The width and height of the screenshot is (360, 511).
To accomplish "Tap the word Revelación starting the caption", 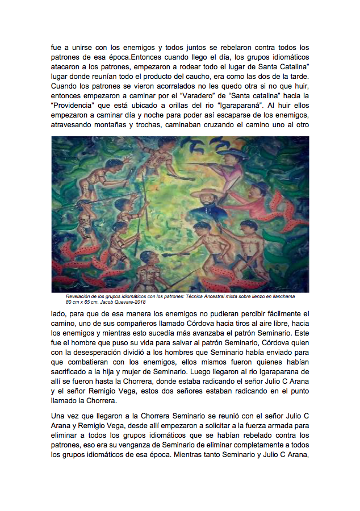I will coord(81,296).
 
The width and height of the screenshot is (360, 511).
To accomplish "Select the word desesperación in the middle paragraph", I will coord(108,353).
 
